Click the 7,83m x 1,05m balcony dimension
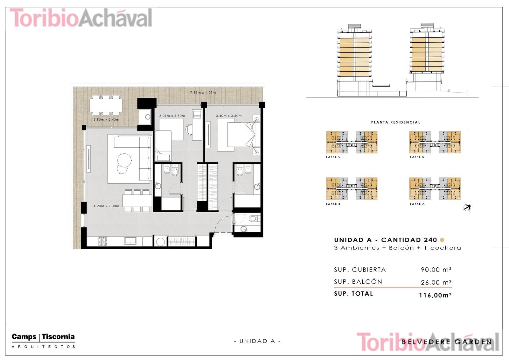(203, 93)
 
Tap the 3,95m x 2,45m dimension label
(106, 119)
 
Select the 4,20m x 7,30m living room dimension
(106, 206)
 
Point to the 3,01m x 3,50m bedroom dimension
(172, 116)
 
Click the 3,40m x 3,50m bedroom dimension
(229, 116)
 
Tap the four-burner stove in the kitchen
(103, 241)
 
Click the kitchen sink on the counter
(130, 241)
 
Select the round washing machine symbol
(161, 242)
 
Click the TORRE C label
(333, 157)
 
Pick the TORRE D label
(417, 157)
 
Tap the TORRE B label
(333, 204)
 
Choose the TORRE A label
(417, 204)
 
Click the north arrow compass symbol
(467, 208)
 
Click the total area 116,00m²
(435, 295)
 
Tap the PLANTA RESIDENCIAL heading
(396, 122)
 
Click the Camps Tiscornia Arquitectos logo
(43, 341)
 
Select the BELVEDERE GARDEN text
(447, 342)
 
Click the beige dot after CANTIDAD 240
(442, 240)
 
